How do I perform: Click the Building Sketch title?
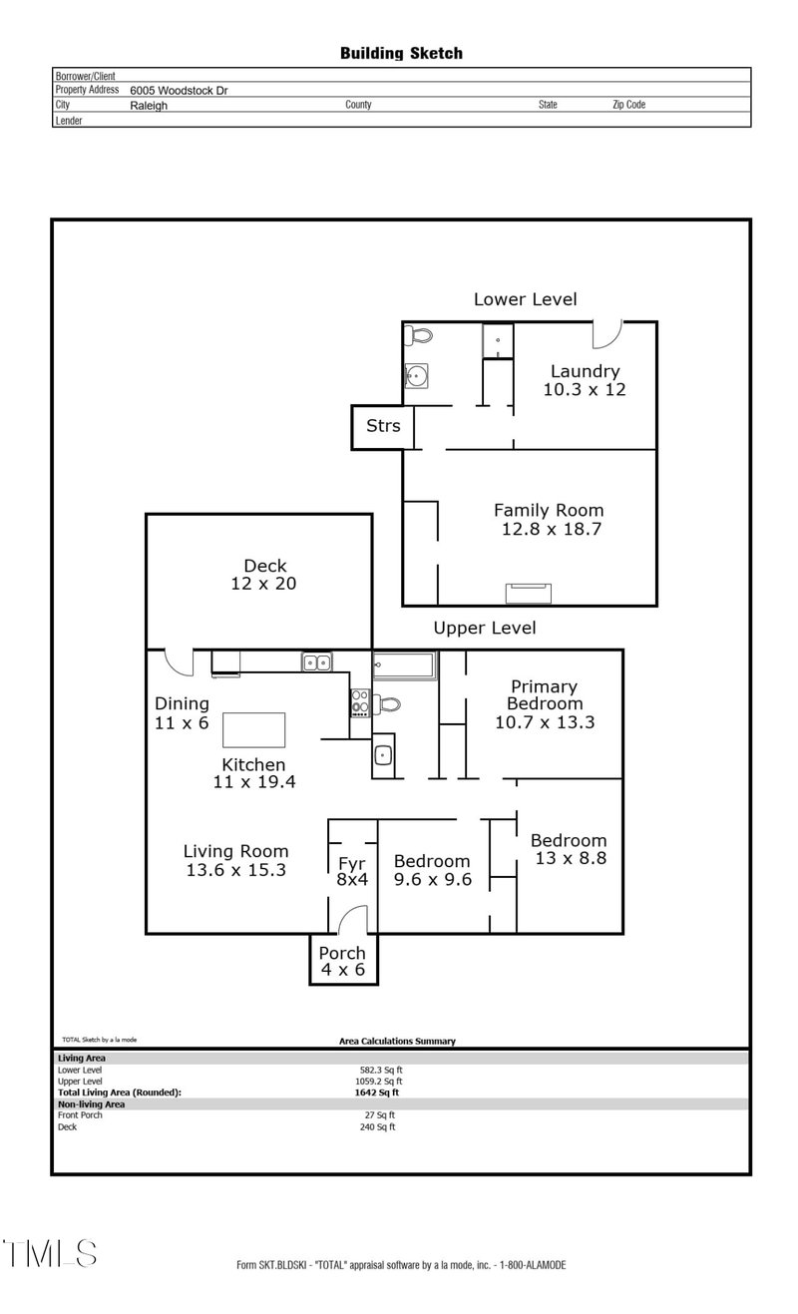point(401,53)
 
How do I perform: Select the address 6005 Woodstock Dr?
point(179,90)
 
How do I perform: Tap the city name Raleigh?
point(149,105)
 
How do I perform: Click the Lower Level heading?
point(525,299)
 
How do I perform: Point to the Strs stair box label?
point(383,426)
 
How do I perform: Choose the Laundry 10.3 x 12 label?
point(585,380)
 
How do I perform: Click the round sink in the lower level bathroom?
point(417,376)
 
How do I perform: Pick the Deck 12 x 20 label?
point(257,575)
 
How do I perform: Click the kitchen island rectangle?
point(254,729)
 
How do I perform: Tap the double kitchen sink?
point(318,661)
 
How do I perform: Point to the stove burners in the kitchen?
point(360,702)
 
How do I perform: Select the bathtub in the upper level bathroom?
point(405,663)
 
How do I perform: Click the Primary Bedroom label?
point(545,703)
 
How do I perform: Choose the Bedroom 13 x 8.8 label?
point(568,848)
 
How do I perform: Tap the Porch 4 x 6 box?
point(342,961)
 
